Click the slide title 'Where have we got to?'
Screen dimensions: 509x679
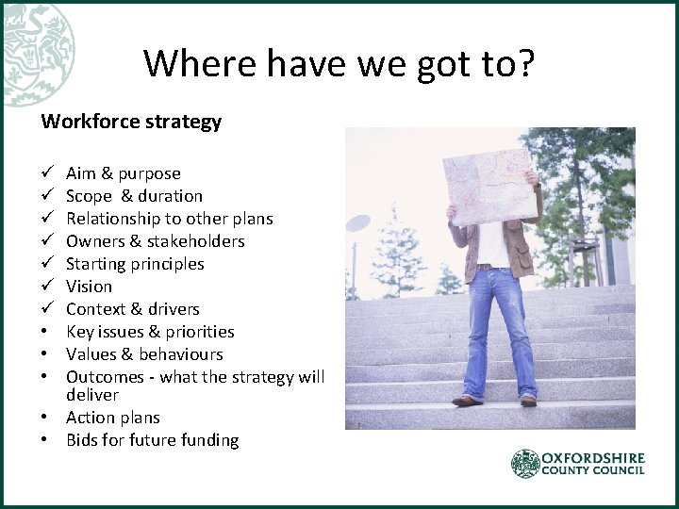[339, 63]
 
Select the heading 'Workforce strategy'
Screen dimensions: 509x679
[131, 122]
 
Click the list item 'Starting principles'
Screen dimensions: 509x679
[135, 264]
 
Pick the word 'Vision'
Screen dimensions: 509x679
[89, 287]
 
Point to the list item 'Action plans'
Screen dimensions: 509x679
[113, 418]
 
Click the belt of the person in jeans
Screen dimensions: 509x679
[490, 267]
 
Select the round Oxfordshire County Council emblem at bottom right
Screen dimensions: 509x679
[525, 463]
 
